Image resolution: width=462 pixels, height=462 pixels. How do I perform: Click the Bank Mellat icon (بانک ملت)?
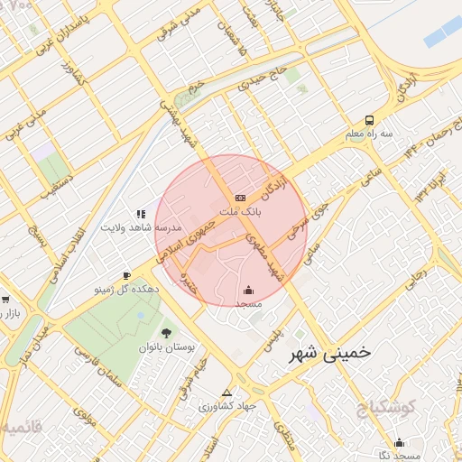(x=239, y=197)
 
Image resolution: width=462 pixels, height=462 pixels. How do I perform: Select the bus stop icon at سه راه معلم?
(x=369, y=120)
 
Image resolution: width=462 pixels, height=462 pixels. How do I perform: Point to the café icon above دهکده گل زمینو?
(x=126, y=276)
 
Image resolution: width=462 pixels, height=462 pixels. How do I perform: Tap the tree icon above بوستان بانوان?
(x=164, y=333)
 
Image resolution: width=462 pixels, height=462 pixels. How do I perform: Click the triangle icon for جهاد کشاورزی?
(x=226, y=393)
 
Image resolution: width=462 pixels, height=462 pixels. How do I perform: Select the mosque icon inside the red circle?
(x=248, y=291)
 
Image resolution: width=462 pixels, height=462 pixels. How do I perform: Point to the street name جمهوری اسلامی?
(x=188, y=239)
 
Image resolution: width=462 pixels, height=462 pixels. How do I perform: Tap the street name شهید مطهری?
(x=264, y=255)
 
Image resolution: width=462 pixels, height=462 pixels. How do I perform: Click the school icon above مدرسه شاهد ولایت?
(x=140, y=214)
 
